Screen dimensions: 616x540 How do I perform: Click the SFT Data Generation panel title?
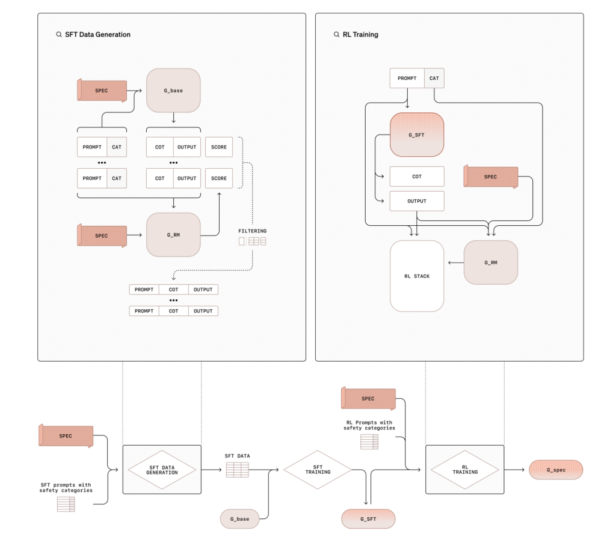pyautogui.click(x=97, y=34)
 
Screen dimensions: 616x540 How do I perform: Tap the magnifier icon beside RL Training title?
pyautogui.click(x=336, y=34)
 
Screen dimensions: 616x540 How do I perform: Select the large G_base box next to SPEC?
pyautogui.click(x=173, y=91)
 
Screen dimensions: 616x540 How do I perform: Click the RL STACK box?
pyautogui.click(x=417, y=276)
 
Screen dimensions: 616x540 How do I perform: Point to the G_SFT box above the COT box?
pyautogui.click(x=417, y=135)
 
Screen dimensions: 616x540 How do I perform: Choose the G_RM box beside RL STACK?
pyautogui.click(x=491, y=262)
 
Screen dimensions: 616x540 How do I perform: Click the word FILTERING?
pyautogui.click(x=252, y=231)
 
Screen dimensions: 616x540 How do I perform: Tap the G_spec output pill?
pyautogui.click(x=556, y=470)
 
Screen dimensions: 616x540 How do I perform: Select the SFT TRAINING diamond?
pyautogui.click(x=318, y=470)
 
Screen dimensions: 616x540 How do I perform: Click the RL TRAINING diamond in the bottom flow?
pyautogui.click(x=465, y=470)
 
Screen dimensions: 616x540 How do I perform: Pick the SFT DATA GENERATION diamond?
pyautogui.click(x=162, y=470)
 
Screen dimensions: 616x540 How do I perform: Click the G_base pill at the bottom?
pyautogui.click(x=239, y=519)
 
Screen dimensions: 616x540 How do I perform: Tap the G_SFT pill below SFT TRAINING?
pyautogui.click(x=369, y=519)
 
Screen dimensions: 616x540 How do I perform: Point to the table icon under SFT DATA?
pyautogui.click(x=237, y=470)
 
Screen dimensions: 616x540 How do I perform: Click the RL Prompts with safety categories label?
pyautogui.click(x=369, y=425)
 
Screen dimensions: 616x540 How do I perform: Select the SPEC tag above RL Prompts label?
pyautogui.click(x=369, y=398)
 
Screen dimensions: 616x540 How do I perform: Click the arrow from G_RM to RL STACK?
pyautogui.click(x=456, y=262)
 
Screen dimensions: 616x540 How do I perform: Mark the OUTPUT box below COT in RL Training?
pyautogui.click(x=417, y=201)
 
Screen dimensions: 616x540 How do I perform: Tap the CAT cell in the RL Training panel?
pyautogui.click(x=434, y=78)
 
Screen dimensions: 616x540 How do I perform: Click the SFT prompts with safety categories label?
pyautogui.click(x=66, y=488)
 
